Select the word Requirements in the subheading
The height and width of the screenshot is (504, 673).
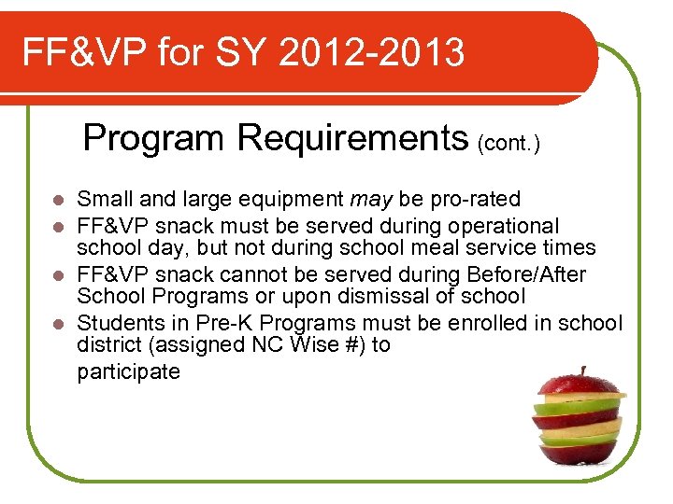[x=352, y=138]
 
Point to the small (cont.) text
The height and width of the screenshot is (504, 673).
[x=508, y=144]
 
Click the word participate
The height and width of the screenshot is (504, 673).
[x=128, y=372]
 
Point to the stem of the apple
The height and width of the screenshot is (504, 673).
[x=581, y=372]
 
